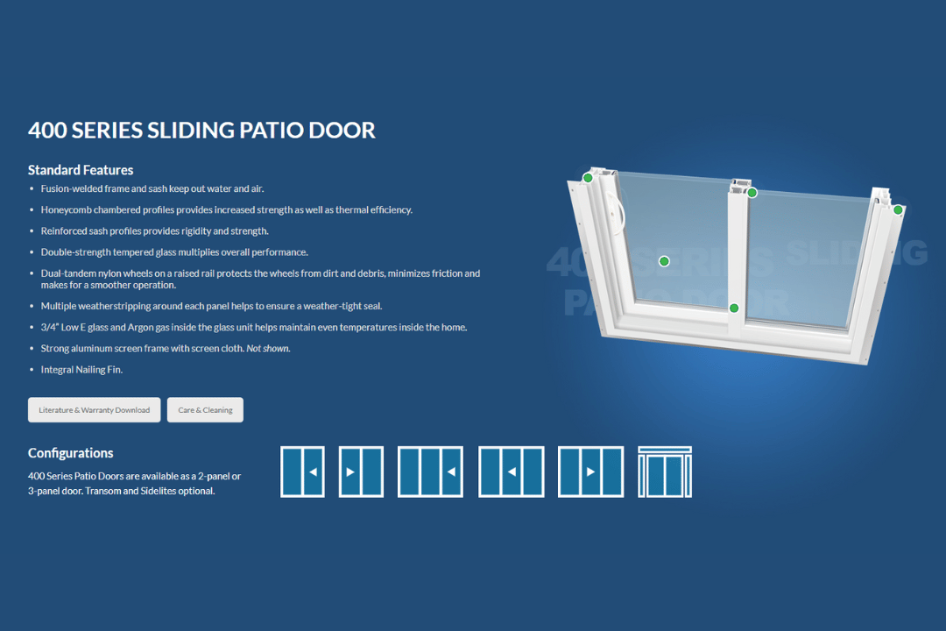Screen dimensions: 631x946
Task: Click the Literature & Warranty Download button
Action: click(94, 410)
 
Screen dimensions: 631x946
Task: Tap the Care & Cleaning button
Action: click(205, 410)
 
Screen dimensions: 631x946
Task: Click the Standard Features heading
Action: click(81, 170)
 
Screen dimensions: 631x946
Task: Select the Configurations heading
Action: click(71, 453)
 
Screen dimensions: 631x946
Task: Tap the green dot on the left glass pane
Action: click(664, 261)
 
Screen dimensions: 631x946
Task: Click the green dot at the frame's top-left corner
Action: click(588, 178)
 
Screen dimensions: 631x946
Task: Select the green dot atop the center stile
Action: click(752, 193)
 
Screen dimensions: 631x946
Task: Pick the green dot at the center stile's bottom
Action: click(734, 308)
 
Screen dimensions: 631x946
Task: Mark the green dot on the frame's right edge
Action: click(898, 209)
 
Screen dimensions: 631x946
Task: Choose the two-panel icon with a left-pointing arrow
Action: click(302, 471)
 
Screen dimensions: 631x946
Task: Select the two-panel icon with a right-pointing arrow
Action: click(361, 471)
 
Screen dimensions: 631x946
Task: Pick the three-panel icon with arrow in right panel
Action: click(430, 471)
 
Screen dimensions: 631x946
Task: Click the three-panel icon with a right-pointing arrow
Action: click(590, 471)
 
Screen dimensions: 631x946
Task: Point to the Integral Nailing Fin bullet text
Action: click(81, 370)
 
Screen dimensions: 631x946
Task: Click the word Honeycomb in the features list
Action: click(66, 209)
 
